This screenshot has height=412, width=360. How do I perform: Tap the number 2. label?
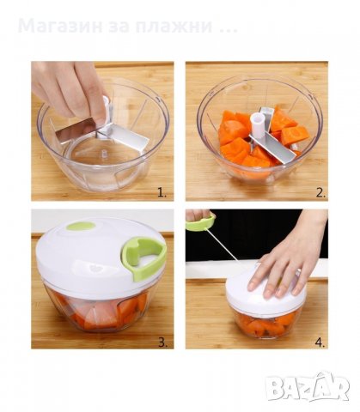tap(319, 191)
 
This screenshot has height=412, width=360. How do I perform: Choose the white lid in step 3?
tap(95, 257)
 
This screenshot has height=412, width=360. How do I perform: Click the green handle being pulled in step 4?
tap(200, 221)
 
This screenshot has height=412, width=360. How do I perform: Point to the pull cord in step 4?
tap(229, 249)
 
